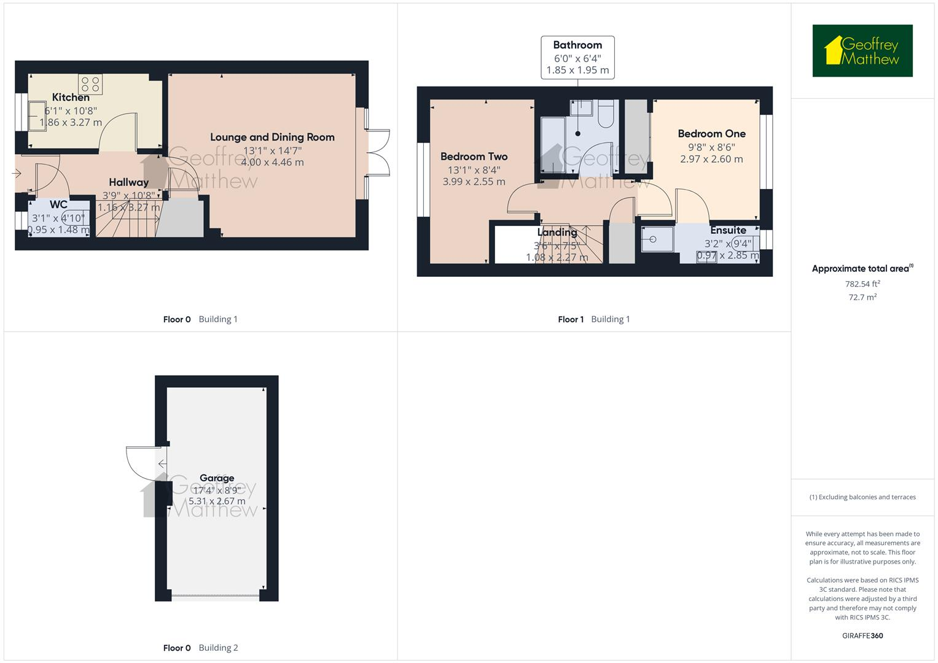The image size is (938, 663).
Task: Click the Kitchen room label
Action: point(71,97)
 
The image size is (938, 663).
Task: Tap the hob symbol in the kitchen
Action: point(90,84)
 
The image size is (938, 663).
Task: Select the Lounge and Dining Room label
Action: point(272,137)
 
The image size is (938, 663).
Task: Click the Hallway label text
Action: point(128,182)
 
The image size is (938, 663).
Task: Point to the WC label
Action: point(58,204)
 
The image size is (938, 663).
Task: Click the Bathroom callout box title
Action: point(577,45)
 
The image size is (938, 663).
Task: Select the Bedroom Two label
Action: point(474,156)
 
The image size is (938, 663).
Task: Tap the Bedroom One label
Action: point(711,133)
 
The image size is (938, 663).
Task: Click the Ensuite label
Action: point(728,230)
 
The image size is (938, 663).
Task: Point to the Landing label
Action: point(557,232)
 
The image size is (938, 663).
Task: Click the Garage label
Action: point(217,478)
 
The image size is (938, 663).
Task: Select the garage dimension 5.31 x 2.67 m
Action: point(217,501)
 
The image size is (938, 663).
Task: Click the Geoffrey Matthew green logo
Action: point(862,51)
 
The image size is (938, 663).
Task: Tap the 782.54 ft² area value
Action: point(862,284)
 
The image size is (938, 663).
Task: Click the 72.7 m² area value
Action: point(862,297)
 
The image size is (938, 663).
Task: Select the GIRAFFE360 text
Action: point(862,635)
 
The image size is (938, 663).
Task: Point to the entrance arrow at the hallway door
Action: point(17,174)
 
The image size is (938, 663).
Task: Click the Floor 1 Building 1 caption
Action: point(593,319)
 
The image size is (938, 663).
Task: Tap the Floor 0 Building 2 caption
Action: point(200,648)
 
